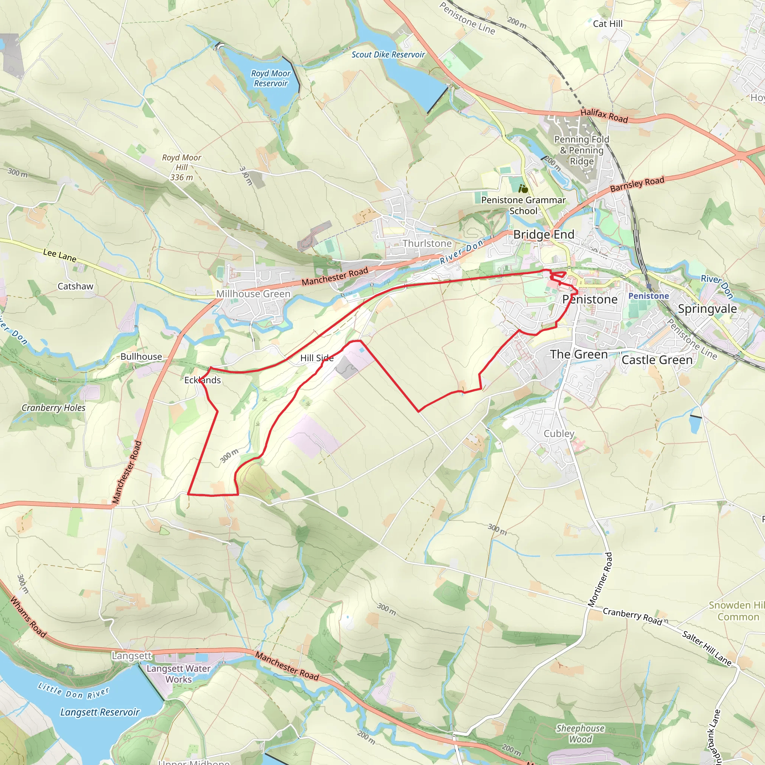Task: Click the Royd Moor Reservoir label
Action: (x=271, y=78)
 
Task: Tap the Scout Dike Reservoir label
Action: (x=388, y=55)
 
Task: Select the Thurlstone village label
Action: (x=427, y=243)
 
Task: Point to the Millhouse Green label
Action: (x=253, y=294)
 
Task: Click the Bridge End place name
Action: (x=543, y=235)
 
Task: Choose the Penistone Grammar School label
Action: (x=523, y=205)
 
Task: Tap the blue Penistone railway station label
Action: (x=648, y=296)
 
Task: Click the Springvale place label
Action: (x=707, y=309)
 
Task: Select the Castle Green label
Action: (x=657, y=360)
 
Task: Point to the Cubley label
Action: (x=559, y=434)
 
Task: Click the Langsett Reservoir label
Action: (x=100, y=712)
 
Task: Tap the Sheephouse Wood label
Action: (x=580, y=734)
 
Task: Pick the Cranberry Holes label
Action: (x=53, y=408)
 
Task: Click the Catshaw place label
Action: (x=75, y=286)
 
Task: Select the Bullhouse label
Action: (x=141, y=357)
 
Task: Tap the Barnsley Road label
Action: (x=637, y=184)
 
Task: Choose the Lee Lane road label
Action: (x=60, y=255)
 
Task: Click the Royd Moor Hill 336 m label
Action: (x=182, y=167)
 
